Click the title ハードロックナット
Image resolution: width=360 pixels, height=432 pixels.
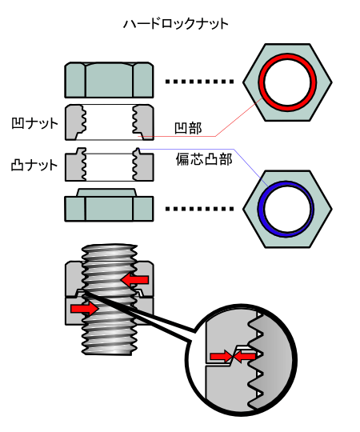(176, 24)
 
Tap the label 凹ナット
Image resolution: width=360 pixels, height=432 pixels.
(34, 123)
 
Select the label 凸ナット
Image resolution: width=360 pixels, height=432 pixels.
(34, 165)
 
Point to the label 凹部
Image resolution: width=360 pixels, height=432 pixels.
(188, 128)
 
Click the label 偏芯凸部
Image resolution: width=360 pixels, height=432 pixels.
(204, 159)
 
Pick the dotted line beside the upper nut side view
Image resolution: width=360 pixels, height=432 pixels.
(199, 82)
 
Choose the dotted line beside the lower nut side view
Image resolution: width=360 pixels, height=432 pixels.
(199, 209)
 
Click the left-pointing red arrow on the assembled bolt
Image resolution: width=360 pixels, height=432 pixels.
(134, 280)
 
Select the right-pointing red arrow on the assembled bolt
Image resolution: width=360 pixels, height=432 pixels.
(85, 308)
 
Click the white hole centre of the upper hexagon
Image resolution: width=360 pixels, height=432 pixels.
(287, 82)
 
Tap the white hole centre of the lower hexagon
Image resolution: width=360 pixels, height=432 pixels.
(287, 209)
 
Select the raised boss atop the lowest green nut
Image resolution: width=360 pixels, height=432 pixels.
(106, 192)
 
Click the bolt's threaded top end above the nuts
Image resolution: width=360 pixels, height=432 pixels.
(110, 252)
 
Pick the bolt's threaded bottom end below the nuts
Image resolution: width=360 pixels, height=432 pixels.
(110, 341)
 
